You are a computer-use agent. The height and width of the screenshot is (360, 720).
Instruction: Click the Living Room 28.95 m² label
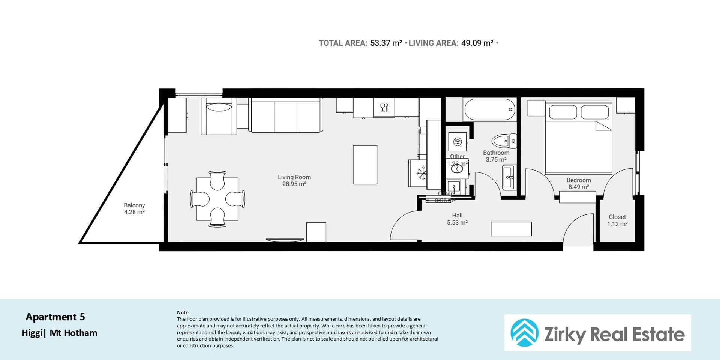294,180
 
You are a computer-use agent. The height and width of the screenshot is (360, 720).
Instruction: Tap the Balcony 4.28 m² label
134,208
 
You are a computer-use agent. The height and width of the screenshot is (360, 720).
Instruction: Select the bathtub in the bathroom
489,109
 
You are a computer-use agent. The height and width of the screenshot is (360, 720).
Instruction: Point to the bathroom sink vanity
509,177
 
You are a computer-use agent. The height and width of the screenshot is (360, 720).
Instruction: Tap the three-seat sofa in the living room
286,115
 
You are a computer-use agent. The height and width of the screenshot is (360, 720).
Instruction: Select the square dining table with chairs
217,199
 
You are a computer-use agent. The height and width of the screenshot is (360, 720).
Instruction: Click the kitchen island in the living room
365,165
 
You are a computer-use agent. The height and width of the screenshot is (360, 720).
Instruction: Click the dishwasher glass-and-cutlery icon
384,108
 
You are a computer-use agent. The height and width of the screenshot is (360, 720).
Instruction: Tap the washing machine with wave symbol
457,142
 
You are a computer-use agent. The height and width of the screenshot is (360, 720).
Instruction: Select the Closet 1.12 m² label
617,220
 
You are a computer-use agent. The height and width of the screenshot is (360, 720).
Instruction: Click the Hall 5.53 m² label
457,219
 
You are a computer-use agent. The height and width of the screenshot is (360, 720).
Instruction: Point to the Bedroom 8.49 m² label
578,183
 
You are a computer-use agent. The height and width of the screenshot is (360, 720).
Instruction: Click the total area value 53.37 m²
386,43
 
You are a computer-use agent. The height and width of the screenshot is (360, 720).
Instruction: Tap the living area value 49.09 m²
477,43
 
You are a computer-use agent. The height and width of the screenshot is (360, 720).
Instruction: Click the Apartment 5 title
55,317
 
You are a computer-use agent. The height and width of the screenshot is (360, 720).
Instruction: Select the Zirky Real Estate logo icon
524,333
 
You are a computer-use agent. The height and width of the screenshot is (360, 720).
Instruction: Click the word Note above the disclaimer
183,312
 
